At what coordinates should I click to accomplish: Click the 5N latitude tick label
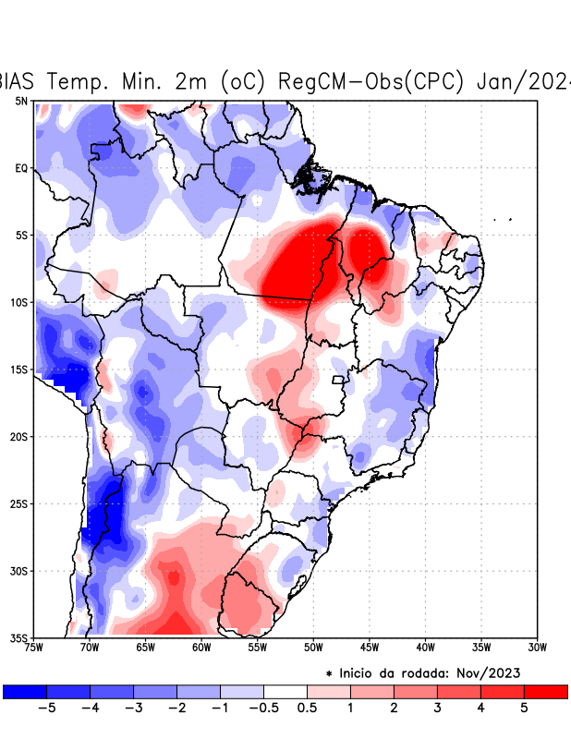tap(20, 101)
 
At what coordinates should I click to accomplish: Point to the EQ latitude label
tap(21, 168)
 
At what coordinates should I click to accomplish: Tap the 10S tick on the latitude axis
tap(19, 302)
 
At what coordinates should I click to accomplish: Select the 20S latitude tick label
tap(19, 436)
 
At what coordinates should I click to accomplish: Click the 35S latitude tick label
tap(19, 637)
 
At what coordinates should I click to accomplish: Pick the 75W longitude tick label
tap(35, 648)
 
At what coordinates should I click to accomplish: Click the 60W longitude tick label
tap(200, 648)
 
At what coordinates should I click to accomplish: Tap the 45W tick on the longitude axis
tap(369, 648)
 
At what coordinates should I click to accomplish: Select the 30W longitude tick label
tap(537, 648)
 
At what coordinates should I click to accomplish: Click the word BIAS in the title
tap(20, 80)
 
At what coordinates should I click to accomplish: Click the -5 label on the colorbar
tap(46, 709)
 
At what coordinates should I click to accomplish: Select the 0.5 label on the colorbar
tap(308, 709)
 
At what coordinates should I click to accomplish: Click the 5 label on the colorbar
tap(524, 709)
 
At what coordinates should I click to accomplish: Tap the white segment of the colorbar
tap(285, 691)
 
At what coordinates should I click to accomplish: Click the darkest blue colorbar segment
tap(25, 691)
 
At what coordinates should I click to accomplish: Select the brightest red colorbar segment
tap(546, 691)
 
